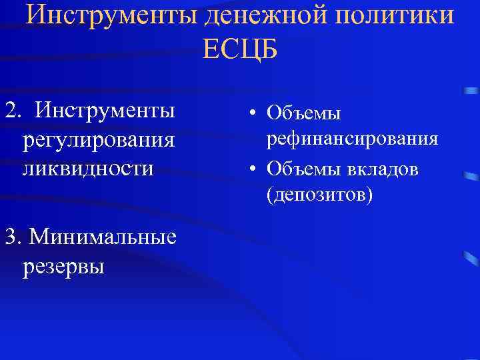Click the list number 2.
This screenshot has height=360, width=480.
(x=9, y=110)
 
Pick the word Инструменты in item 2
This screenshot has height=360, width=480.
(x=106, y=110)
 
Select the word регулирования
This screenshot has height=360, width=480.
(x=99, y=140)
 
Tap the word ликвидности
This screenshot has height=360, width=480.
(x=87, y=167)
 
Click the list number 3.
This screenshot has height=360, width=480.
(x=9, y=236)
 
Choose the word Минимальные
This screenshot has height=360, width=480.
(x=103, y=236)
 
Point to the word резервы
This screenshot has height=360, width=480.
(x=63, y=266)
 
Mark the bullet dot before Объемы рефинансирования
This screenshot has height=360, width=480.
(x=254, y=113)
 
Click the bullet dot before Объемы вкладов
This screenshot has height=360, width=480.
(x=254, y=169)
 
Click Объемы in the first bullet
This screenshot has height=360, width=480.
(x=303, y=113)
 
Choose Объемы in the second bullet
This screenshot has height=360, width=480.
(x=303, y=169)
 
